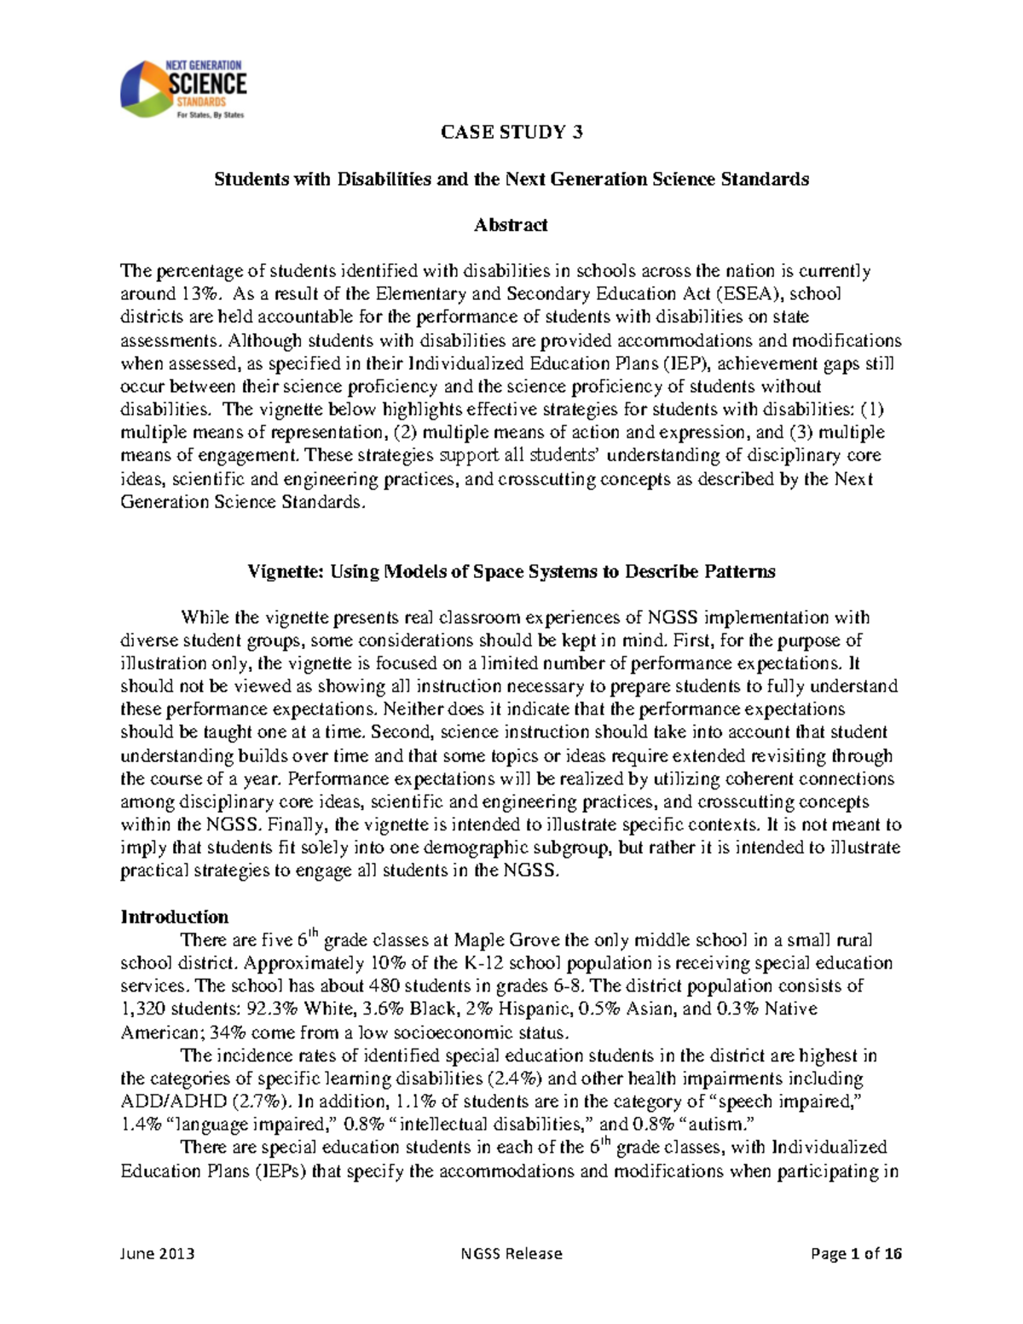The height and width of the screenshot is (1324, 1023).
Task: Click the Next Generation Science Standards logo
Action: tap(183, 90)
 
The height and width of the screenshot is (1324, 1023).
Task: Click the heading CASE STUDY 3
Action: tap(511, 132)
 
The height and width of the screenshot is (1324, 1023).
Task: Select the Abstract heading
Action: tap(511, 225)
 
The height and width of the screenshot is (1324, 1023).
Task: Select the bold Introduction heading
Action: tap(175, 917)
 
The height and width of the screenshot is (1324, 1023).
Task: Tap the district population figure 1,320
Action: tap(143, 1009)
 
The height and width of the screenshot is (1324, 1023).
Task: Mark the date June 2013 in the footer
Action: tap(158, 1253)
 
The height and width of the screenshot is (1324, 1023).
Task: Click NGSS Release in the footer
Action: tap(511, 1253)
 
